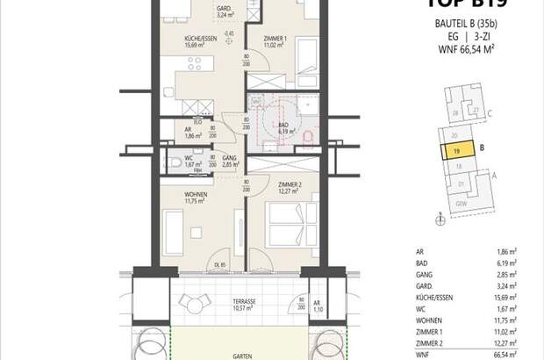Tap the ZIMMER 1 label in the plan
tap(276, 40)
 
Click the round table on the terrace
tap(194, 304)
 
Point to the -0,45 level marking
tap(228, 34)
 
